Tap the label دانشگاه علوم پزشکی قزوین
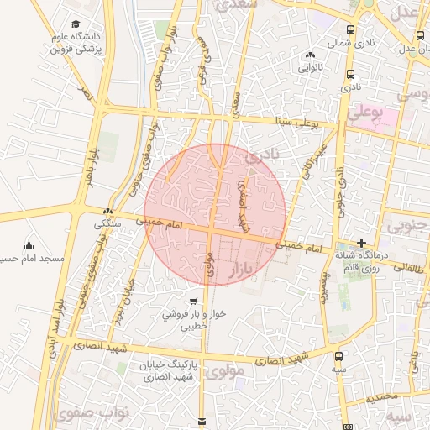click(100, 44)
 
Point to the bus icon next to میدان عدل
click(420, 36)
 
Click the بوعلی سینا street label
click(298, 123)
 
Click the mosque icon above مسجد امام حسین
click(30, 245)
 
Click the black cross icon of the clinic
click(362, 242)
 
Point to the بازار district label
click(260, 270)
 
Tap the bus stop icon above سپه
click(339, 356)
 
